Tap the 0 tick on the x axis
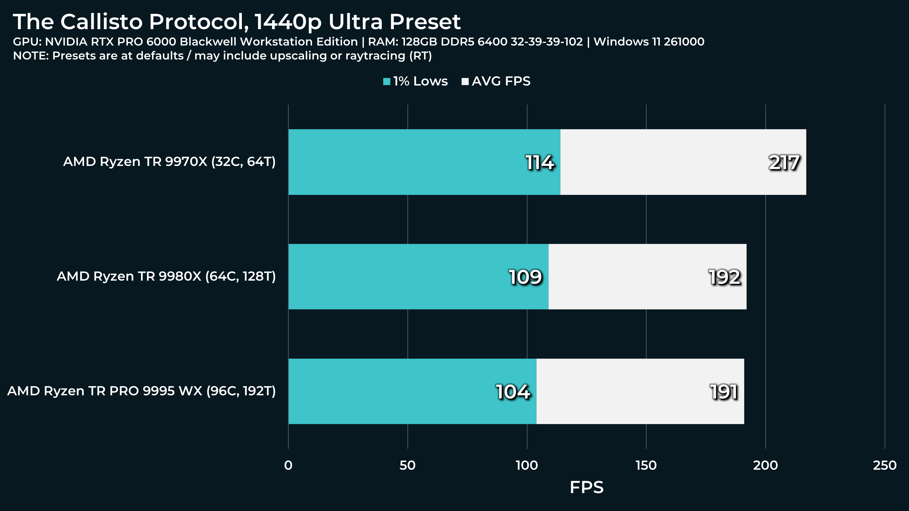pyautogui.click(x=288, y=465)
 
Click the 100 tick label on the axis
pyautogui.click(x=526, y=465)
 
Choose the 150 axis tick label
pyautogui.click(x=646, y=465)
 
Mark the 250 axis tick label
pyautogui.click(x=884, y=465)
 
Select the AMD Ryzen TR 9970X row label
pyautogui.click(x=169, y=162)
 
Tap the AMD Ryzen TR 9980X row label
pyautogui.click(x=166, y=276)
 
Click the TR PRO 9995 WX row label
pyautogui.click(x=141, y=391)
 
